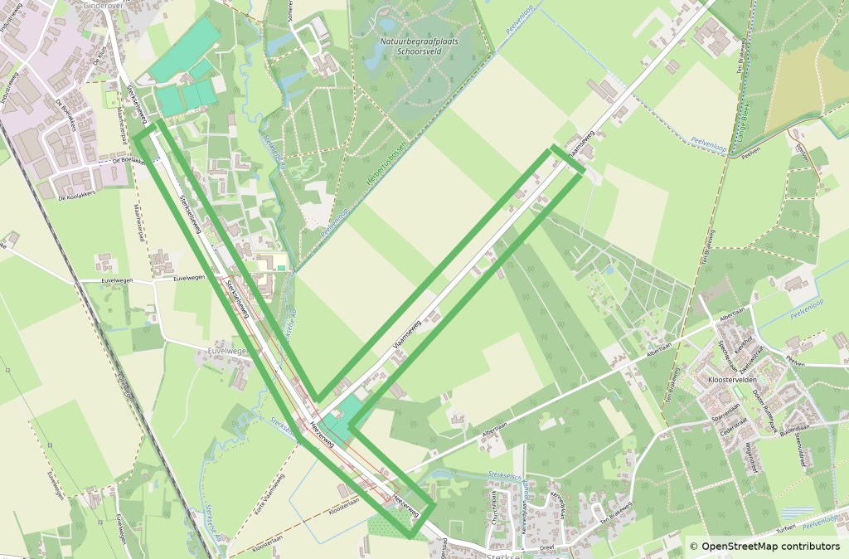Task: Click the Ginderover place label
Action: pos(104,5)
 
